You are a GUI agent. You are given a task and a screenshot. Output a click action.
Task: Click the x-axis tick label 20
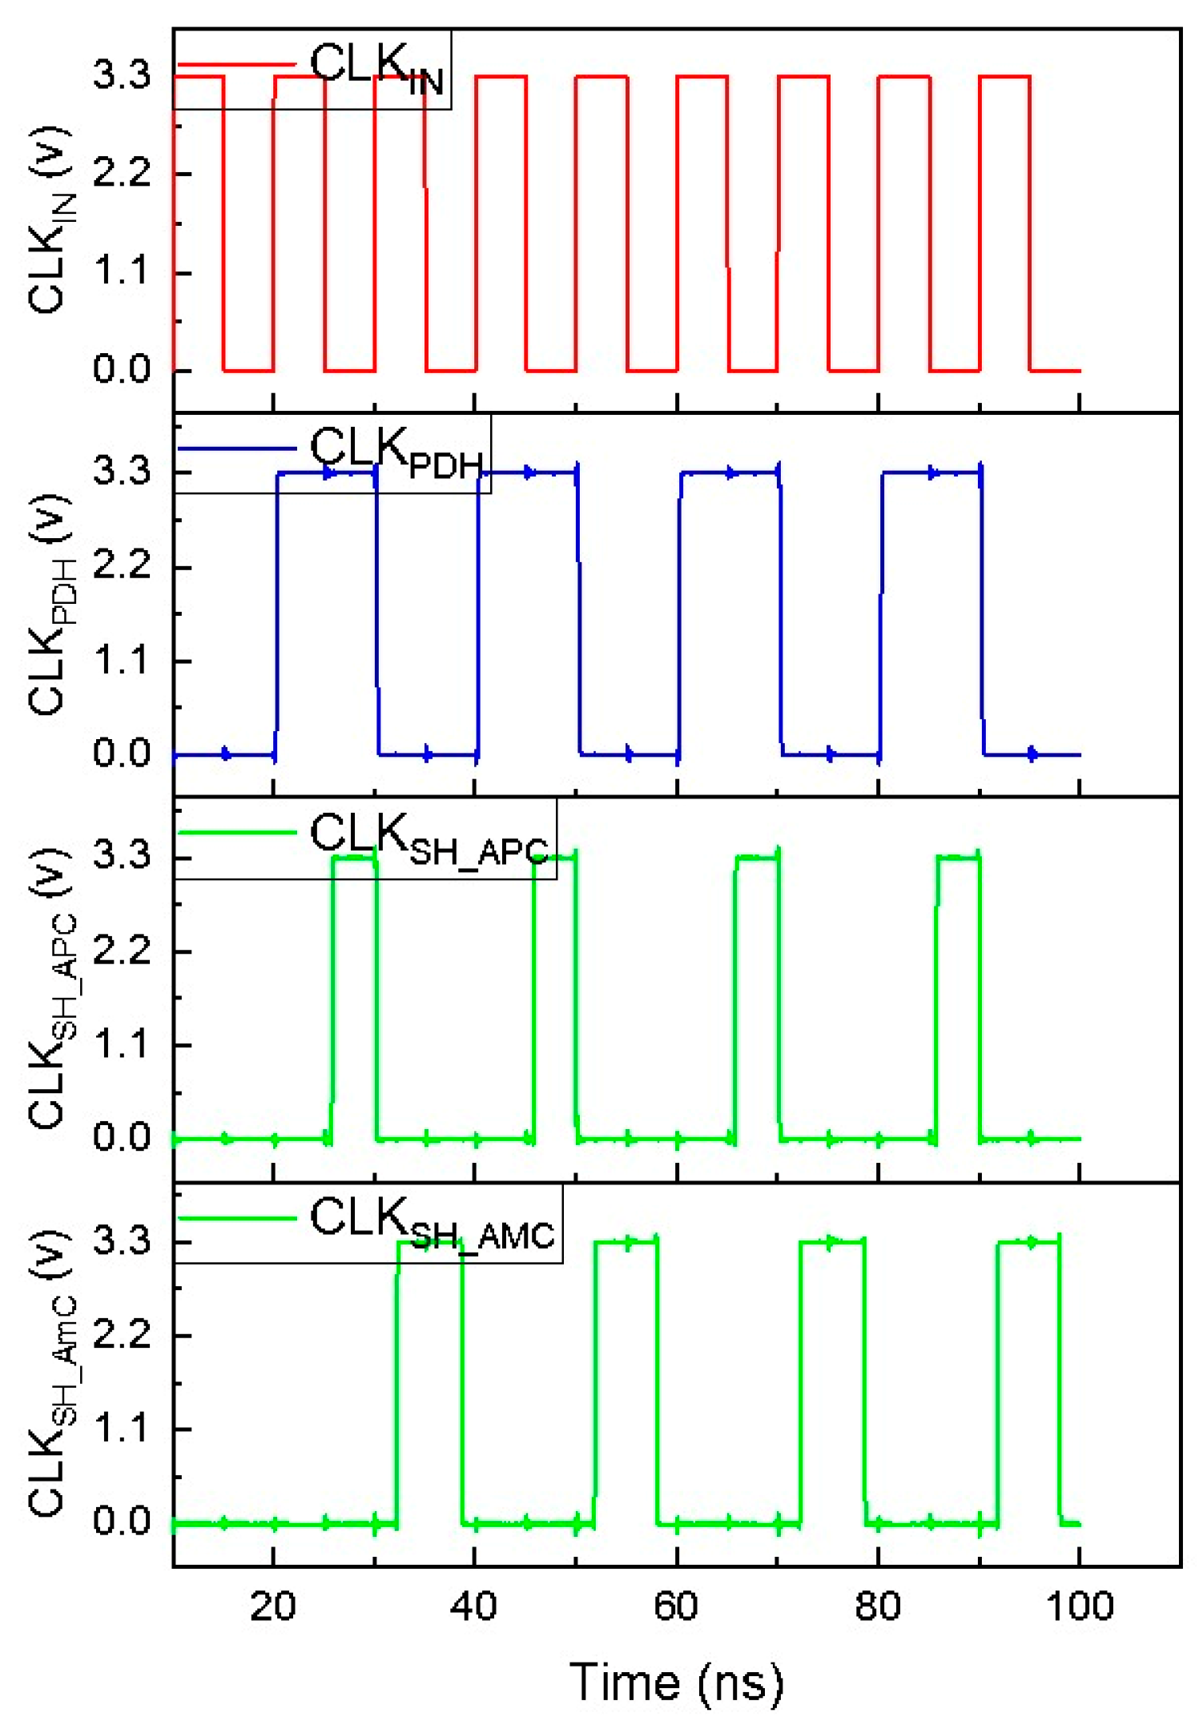coord(273,1606)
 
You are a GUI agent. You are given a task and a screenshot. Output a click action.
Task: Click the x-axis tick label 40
coord(473,1606)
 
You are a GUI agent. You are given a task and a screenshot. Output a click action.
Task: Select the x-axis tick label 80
coord(877,1606)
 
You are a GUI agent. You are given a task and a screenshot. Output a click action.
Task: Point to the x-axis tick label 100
coord(1079,1606)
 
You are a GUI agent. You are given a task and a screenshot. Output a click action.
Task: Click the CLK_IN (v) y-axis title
coord(50,220)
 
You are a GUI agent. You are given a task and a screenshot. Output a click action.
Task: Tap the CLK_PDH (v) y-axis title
coord(50,605)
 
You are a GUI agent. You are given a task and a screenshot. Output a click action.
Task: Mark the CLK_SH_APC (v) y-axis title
coord(50,989)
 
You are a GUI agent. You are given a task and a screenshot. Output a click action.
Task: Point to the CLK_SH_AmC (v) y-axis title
coord(50,1373)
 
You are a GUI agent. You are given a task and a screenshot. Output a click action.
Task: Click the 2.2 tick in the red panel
coord(121,173)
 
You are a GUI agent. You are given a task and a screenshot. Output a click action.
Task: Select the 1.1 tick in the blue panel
coord(121,661)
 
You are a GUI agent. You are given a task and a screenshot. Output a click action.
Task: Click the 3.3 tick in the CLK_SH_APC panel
coord(121,856)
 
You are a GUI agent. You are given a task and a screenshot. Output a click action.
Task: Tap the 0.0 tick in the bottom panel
coord(121,1521)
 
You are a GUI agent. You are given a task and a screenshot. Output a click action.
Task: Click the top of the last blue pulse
coord(931,473)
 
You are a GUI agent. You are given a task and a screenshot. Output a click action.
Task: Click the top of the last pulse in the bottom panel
coord(1028,1242)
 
